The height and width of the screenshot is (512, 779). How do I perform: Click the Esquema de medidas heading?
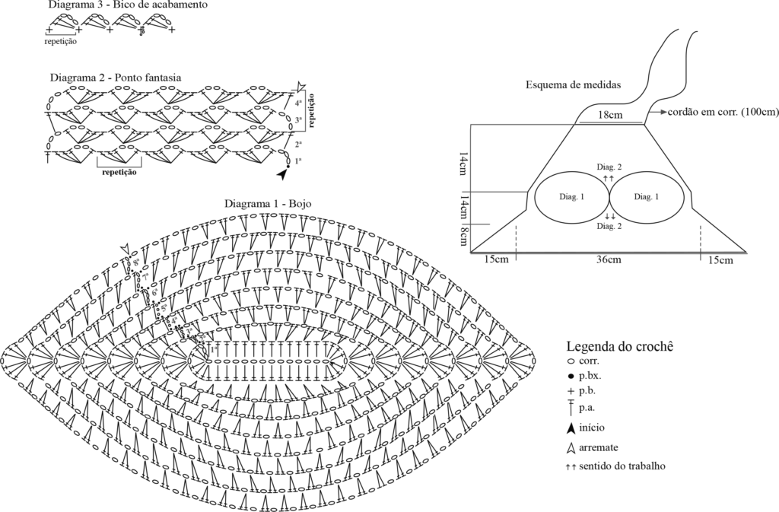point(574,84)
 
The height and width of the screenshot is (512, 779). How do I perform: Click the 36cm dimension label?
point(608,260)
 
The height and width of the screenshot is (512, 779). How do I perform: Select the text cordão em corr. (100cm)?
point(723,112)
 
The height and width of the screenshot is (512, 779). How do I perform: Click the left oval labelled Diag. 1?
point(572,196)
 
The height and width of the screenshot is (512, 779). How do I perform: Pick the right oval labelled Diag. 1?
point(646,196)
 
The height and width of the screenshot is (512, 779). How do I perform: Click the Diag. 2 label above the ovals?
point(609,167)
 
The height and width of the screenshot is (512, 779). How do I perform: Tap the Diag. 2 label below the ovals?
point(609,226)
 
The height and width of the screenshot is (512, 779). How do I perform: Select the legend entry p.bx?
point(592,377)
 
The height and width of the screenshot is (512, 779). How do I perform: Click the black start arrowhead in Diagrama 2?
point(283,174)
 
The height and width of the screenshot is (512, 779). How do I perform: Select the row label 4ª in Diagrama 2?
point(298,102)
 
